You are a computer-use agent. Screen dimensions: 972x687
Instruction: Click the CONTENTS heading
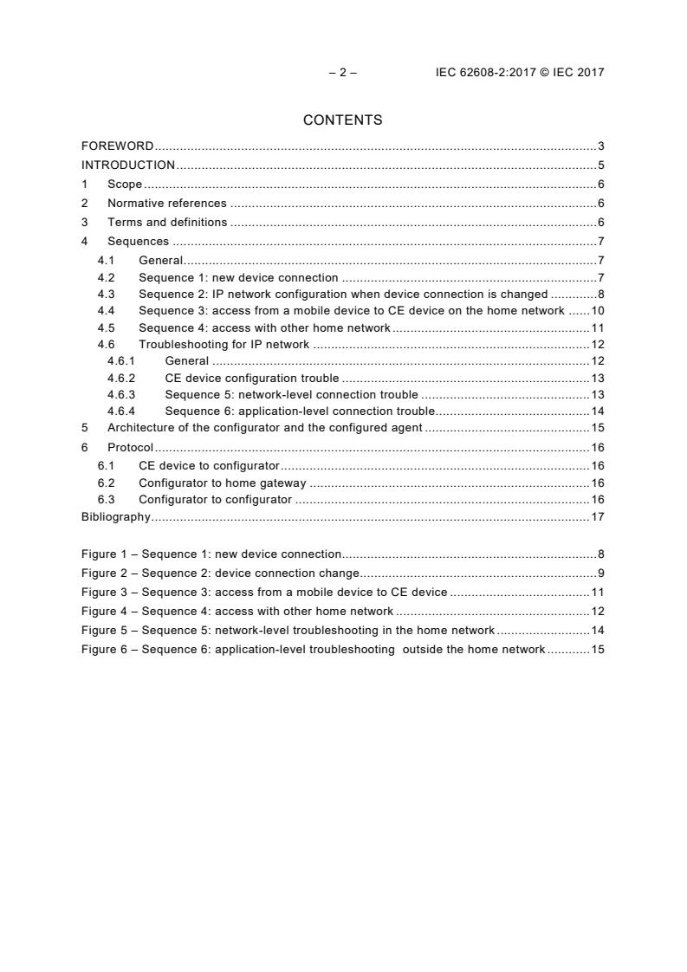pyautogui.click(x=343, y=120)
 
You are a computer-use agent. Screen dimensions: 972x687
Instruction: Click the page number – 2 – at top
pyautogui.click(x=343, y=73)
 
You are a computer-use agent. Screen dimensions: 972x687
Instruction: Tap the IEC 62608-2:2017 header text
pyautogui.click(x=520, y=73)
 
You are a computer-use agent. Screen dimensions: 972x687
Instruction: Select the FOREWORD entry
pyautogui.click(x=118, y=146)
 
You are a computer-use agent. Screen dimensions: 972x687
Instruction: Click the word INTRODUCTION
pyautogui.click(x=128, y=165)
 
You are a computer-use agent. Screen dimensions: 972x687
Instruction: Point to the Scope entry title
pyautogui.click(x=125, y=184)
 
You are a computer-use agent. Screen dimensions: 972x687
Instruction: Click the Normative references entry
pyautogui.click(x=166, y=203)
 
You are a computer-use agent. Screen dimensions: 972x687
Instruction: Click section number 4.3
pyautogui.click(x=106, y=294)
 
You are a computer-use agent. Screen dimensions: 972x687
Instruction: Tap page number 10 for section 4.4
pyautogui.click(x=597, y=310)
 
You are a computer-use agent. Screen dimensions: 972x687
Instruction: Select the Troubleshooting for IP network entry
pyautogui.click(x=224, y=344)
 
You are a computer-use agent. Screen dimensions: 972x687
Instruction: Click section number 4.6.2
pyautogui.click(x=121, y=378)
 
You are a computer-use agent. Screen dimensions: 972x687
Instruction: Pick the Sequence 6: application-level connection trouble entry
pyautogui.click(x=300, y=411)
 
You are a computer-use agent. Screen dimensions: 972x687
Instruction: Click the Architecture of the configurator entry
pyautogui.click(x=264, y=427)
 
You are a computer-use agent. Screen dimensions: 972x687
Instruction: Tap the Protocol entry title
pyautogui.click(x=130, y=447)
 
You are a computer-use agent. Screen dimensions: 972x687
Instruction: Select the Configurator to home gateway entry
pyautogui.click(x=223, y=483)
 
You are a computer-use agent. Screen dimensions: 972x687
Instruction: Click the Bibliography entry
pyautogui.click(x=115, y=517)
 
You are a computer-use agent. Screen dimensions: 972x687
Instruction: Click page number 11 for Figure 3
pyautogui.click(x=597, y=592)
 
